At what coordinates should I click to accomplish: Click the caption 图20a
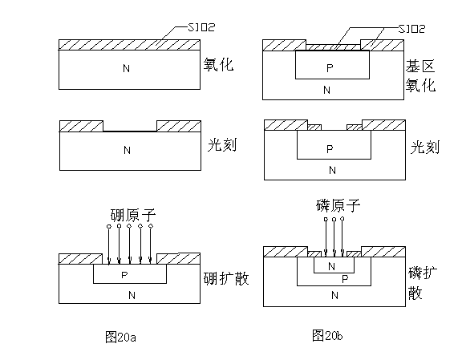[120, 337]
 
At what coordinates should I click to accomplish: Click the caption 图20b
[327, 336]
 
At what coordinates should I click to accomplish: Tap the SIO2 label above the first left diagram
[202, 27]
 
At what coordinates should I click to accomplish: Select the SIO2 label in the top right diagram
[412, 29]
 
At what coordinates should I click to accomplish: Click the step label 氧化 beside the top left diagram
[218, 65]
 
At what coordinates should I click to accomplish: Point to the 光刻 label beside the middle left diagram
[222, 145]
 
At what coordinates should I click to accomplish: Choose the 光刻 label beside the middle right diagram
[425, 147]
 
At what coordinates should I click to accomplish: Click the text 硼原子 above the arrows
[133, 215]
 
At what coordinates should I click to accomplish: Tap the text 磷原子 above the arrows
[338, 205]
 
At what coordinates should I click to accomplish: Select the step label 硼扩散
[226, 278]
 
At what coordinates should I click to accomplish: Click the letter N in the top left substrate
[126, 69]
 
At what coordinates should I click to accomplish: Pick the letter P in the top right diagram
[330, 68]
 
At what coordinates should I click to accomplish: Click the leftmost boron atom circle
[109, 227]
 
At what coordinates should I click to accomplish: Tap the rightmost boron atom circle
[151, 226]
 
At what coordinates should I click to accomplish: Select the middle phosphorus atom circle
[334, 219]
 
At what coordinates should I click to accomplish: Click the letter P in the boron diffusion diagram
[124, 275]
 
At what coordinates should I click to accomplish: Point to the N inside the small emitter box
[331, 267]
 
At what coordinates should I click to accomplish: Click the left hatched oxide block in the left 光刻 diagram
[81, 126]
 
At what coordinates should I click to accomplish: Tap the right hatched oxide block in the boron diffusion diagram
[179, 258]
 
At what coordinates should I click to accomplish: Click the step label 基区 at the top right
[420, 67]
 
